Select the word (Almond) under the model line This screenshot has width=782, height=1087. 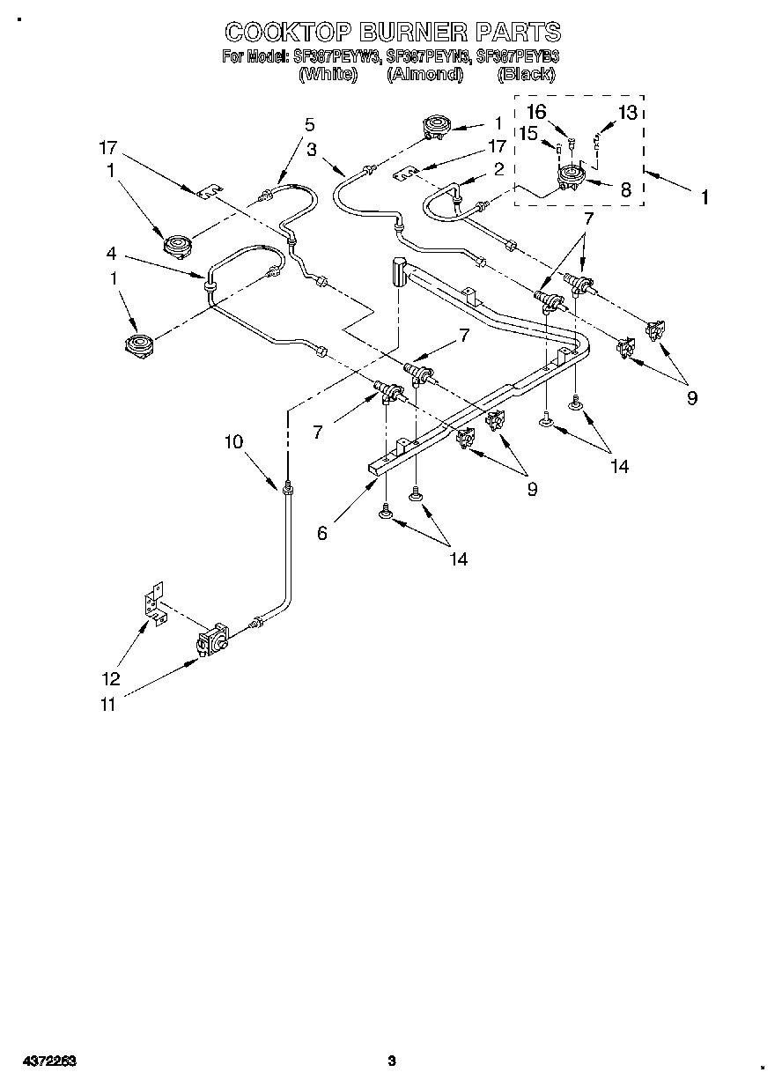pyautogui.click(x=424, y=75)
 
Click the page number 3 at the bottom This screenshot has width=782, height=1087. pyautogui.click(x=393, y=1061)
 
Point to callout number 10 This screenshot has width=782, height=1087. pyautogui.click(x=232, y=442)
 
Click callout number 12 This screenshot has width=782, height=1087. pyautogui.click(x=110, y=679)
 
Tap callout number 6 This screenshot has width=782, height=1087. pyautogui.click(x=322, y=533)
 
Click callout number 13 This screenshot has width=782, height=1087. pyautogui.click(x=627, y=112)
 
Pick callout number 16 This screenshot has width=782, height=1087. pyautogui.click(x=536, y=111)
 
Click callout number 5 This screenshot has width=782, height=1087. pyautogui.click(x=309, y=124)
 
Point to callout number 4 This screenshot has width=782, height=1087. pyautogui.click(x=111, y=253)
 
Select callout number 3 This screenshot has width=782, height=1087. pyautogui.click(x=312, y=150)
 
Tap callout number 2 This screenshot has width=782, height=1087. pyautogui.click(x=498, y=168)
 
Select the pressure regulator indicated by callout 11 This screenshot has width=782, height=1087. pyautogui.click(x=212, y=642)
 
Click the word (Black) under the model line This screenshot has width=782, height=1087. pyautogui.click(x=526, y=75)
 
